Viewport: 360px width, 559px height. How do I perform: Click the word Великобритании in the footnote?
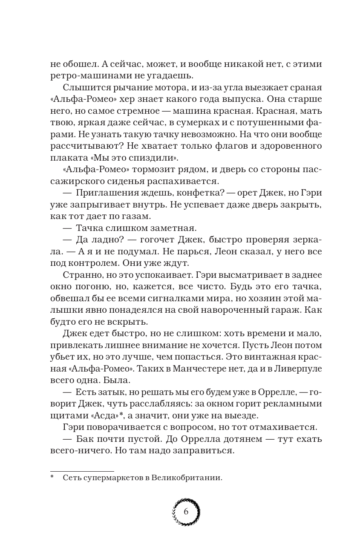[x=187, y=478]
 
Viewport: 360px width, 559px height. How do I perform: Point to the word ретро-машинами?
[x=84, y=76]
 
